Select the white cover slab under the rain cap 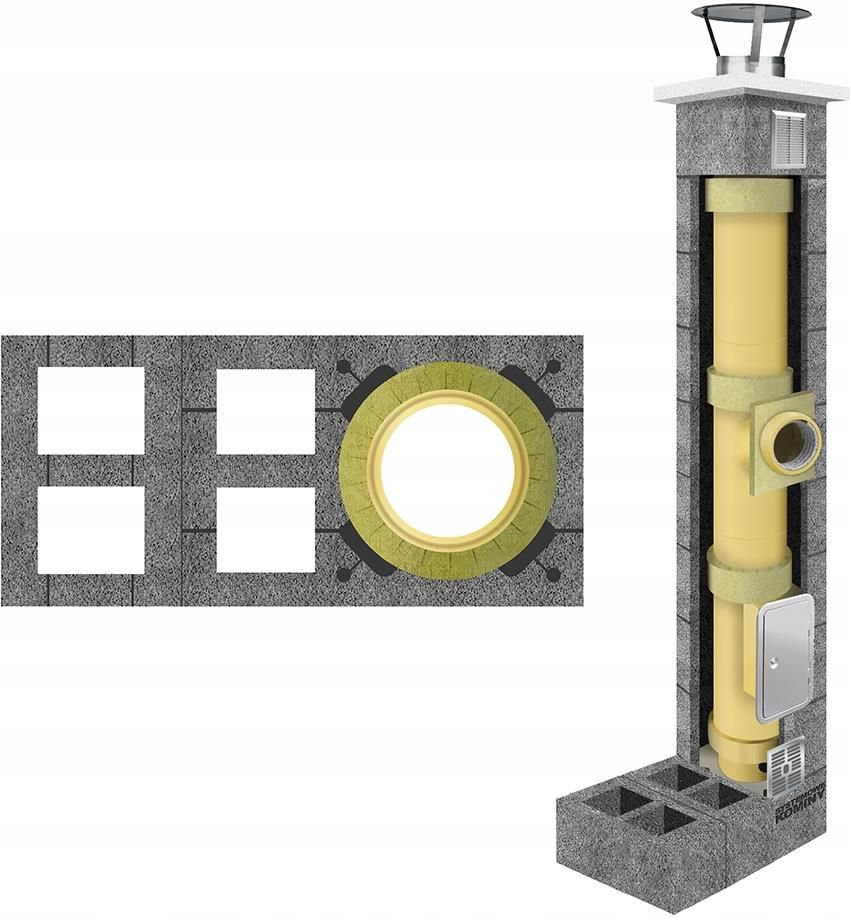(x=740, y=89)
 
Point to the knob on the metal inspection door (x=772, y=659)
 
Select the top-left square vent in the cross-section (x=91, y=410)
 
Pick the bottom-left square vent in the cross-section (x=91, y=529)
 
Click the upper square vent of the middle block (x=266, y=411)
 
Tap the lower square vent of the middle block (x=266, y=529)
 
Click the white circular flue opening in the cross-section (x=448, y=470)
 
